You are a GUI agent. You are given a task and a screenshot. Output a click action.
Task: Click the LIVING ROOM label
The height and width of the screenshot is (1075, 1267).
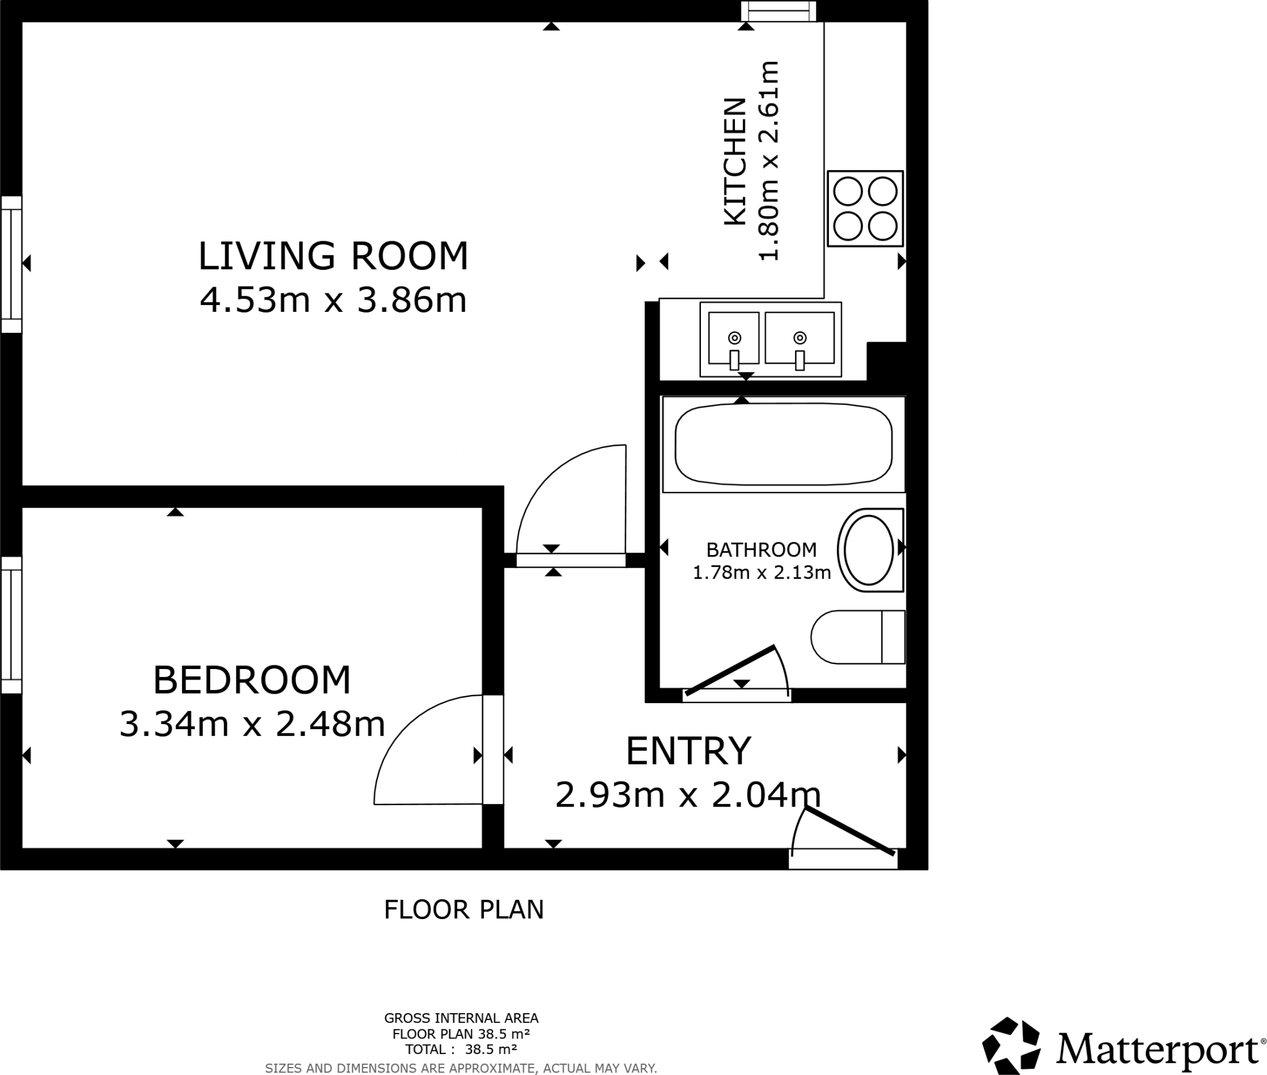(333, 256)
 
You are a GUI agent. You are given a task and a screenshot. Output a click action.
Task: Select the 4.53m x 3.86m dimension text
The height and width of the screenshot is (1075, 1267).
(333, 301)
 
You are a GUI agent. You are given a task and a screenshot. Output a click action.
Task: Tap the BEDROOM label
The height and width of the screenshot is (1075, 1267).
(252, 680)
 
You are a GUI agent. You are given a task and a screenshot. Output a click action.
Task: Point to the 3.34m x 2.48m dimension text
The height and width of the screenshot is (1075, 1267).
(252, 723)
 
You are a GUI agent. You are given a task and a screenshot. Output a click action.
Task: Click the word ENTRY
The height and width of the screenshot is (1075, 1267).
(688, 751)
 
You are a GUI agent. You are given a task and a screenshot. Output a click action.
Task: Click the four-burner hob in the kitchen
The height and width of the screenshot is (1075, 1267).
(865, 209)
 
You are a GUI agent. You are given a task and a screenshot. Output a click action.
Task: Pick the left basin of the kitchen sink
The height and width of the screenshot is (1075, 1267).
(734, 338)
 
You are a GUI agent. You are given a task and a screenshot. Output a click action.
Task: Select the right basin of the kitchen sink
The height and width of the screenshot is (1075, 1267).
(799, 338)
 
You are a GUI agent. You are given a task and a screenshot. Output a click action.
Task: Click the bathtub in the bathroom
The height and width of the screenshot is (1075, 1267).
(783, 444)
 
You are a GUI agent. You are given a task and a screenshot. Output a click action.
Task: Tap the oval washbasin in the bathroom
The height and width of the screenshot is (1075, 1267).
(869, 550)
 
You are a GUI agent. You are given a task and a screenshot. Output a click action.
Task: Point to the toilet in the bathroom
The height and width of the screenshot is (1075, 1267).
(858, 637)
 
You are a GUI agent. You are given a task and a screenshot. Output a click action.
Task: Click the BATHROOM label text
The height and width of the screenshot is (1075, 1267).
(761, 550)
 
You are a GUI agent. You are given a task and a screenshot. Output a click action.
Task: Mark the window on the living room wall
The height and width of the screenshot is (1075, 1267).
(11, 264)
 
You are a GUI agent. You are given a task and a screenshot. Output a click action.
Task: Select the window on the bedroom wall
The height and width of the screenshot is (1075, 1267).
(11, 624)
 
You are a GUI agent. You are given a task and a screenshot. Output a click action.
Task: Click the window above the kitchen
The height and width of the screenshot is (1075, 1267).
(778, 11)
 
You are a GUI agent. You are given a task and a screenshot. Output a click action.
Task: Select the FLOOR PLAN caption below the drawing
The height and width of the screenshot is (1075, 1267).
(463, 910)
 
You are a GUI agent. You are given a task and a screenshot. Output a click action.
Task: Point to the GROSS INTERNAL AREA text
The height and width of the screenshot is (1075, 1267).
(461, 1018)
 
